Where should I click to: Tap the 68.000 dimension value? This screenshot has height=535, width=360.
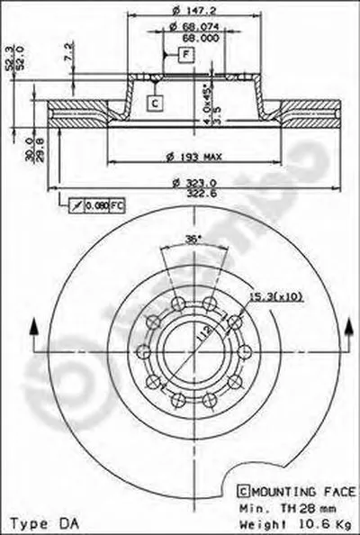[200, 39]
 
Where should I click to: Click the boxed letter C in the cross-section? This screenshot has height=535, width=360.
[154, 103]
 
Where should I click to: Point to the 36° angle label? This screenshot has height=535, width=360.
[191, 240]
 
